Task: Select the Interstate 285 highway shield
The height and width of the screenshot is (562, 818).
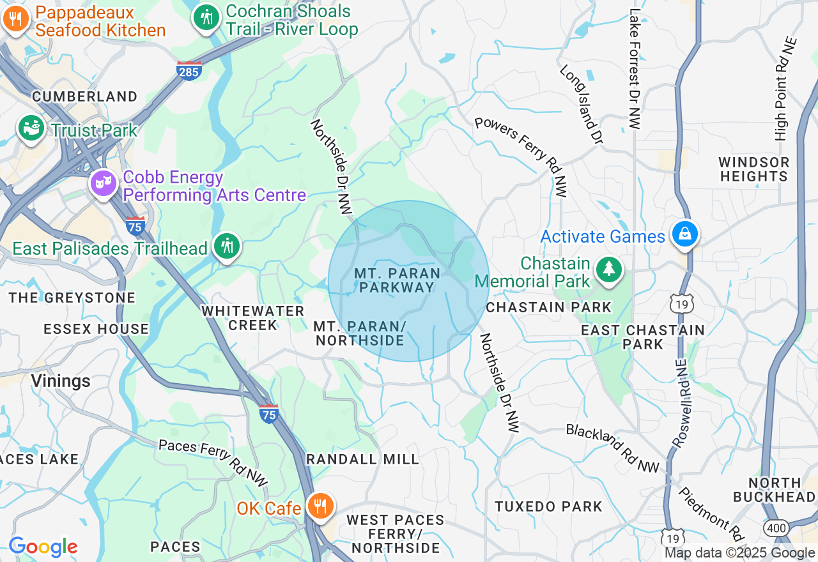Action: pyautogui.click(x=189, y=70)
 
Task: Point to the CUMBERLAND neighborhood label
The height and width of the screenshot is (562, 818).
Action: pyautogui.click(x=85, y=96)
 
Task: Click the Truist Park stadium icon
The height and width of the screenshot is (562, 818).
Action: pyautogui.click(x=30, y=128)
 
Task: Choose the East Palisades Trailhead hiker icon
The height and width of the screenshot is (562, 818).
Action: pyautogui.click(x=226, y=246)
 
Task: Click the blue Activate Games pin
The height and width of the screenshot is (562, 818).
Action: pyautogui.click(x=684, y=234)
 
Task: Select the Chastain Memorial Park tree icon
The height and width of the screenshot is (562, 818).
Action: pyautogui.click(x=608, y=270)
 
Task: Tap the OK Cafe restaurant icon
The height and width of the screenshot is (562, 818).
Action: pyautogui.click(x=320, y=506)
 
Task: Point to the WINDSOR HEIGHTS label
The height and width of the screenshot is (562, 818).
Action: pyautogui.click(x=753, y=169)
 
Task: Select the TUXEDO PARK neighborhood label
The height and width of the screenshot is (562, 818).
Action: pyautogui.click(x=548, y=506)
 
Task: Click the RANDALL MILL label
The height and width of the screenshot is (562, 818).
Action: pyautogui.click(x=362, y=459)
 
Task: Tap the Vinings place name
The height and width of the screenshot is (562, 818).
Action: pyautogui.click(x=61, y=381)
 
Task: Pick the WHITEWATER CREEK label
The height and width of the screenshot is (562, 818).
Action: pyautogui.click(x=253, y=317)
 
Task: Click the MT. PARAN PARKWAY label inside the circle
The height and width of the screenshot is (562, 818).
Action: pyautogui.click(x=397, y=280)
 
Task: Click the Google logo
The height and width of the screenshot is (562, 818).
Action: pyautogui.click(x=43, y=547)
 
